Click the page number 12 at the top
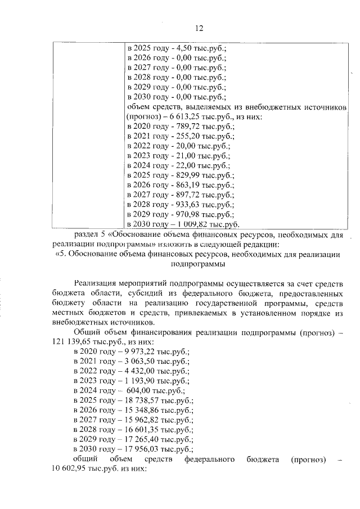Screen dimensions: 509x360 point(199,29)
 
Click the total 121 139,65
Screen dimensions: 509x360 point(73,343)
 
